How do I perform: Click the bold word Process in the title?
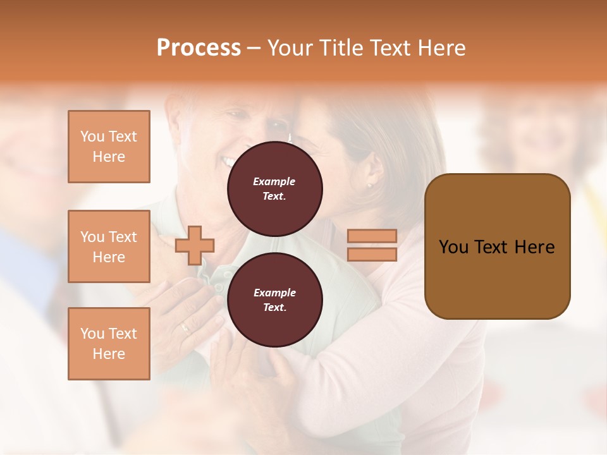[199, 48]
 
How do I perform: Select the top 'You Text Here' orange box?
[109, 147]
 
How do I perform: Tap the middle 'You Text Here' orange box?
[109, 246]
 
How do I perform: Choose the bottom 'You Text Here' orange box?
[109, 343]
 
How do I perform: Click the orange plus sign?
[195, 246]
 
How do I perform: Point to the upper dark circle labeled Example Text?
[274, 189]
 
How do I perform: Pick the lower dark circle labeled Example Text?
[274, 300]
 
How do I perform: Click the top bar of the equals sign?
[372, 236]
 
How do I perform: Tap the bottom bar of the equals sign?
[372, 254]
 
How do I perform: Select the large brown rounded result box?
[497, 246]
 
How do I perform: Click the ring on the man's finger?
[184, 327]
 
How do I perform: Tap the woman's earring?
[369, 185]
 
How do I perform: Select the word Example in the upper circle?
[274, 181]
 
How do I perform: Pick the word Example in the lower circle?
[274, 293]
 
